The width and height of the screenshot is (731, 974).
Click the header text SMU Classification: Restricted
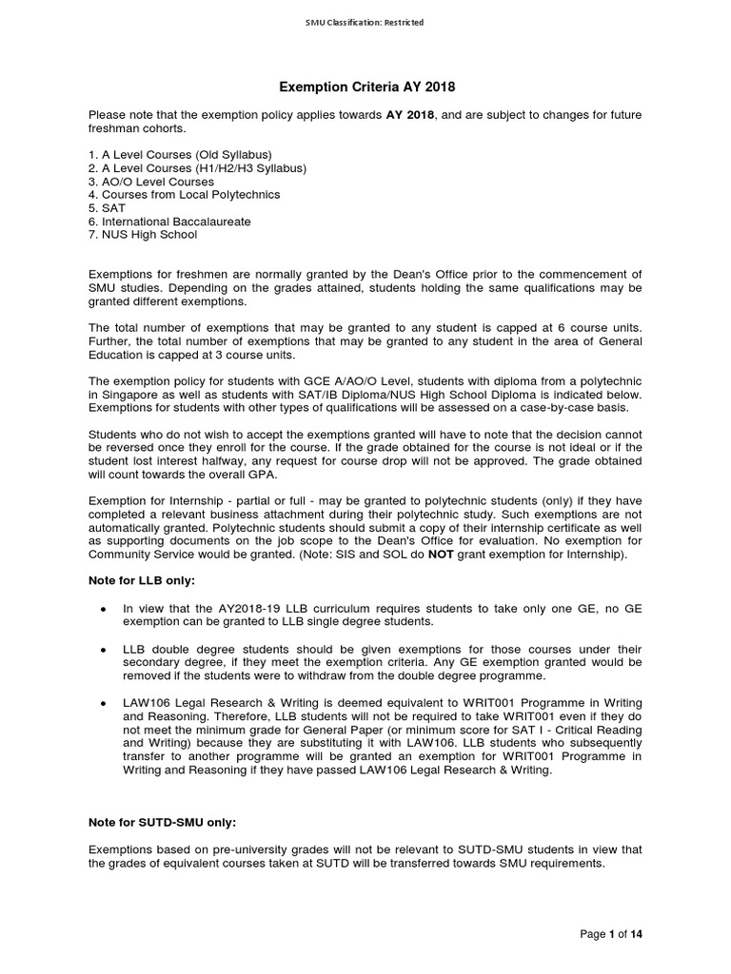tap(366, 22)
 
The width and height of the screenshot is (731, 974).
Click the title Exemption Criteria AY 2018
tap(366, 88)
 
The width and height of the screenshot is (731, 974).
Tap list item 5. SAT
tap(107, 207)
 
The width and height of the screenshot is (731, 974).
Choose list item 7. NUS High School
tap(144, 234)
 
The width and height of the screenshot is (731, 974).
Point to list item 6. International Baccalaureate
tap(169, 221)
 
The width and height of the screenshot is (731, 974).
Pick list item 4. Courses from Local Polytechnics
tap(184, 194)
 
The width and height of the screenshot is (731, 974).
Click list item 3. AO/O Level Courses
tap(150, 181)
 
